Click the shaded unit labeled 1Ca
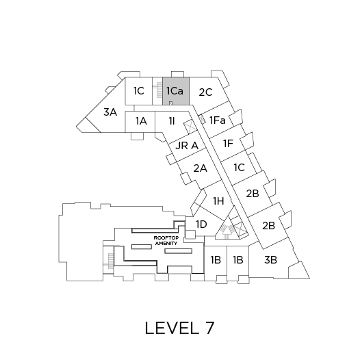[176, 91]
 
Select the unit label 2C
[205, 92]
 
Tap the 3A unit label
[110, 112]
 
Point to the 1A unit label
[141, 120]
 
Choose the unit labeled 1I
[172, 120]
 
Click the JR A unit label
[187, 146]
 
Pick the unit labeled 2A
[201, 168]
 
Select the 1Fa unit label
[218, 120]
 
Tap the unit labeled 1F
[228, 144]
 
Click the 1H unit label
[218, 201]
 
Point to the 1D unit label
[201, 224]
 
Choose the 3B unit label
[270, 260]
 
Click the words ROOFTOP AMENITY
[166, 241]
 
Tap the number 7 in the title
[209, 328]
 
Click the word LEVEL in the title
[172, 328]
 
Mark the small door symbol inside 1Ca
[170, 103]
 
